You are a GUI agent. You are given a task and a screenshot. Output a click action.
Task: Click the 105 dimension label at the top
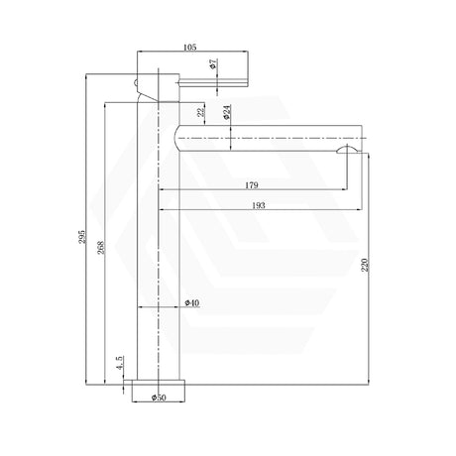click(189, 48)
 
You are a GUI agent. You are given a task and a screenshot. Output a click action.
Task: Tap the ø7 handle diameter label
click(213, 63)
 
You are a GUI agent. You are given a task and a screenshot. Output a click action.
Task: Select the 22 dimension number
click(200, 112)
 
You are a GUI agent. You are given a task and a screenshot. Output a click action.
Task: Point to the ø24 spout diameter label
click(227, 112)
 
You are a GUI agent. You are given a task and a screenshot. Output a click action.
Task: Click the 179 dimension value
click(252, 185)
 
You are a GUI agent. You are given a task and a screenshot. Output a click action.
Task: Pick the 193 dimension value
click(259, 205)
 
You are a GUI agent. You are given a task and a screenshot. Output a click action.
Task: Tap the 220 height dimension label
click(364, 266)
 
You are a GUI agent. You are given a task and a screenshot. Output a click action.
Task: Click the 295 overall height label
click(81, 237)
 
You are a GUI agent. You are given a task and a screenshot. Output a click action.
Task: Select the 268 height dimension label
click(101, 248)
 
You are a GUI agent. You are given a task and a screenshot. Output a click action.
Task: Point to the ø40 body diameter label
click(192, 302)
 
